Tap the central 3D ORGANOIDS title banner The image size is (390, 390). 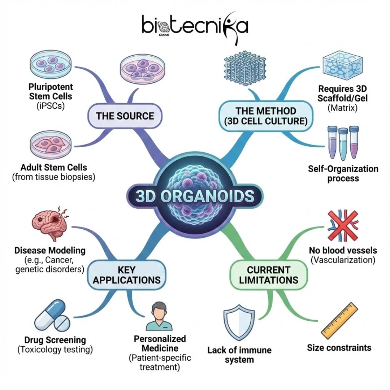tap(195, 196)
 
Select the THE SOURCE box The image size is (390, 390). tap(125, 116)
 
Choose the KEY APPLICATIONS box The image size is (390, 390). tap(124, 275)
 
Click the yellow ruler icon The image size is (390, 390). tap(339, 320)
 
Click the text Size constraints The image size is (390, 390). tap(339, 348)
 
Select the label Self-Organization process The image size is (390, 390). tap(343, 174)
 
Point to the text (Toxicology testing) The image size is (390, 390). tap(55, 350)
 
